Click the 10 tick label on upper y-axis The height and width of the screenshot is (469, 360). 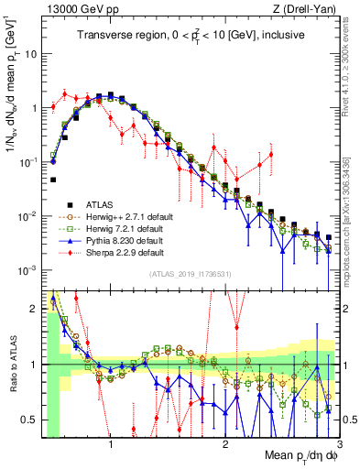click(x=32, y=53)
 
